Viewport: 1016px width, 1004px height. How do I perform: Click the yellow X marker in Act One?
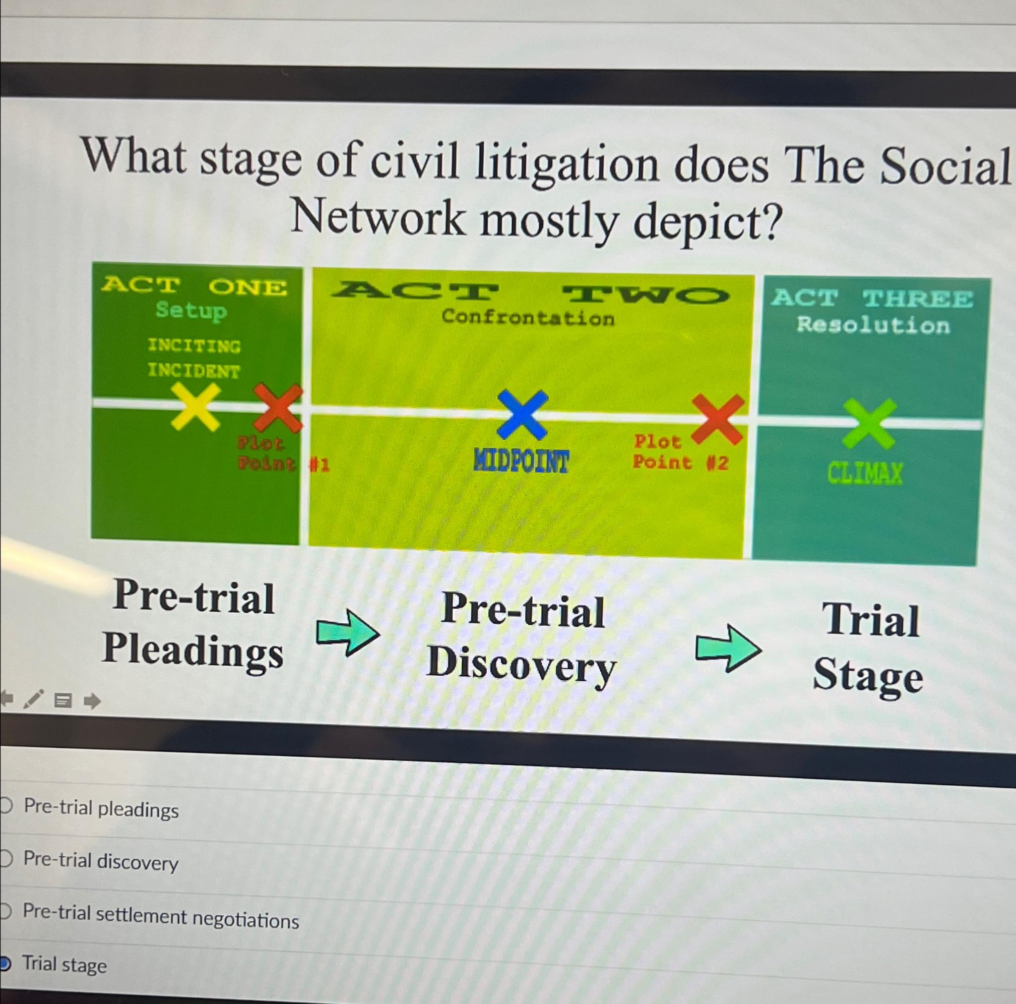195,407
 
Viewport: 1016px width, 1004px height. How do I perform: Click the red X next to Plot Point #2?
718,419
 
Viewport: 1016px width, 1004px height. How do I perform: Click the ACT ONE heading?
194,287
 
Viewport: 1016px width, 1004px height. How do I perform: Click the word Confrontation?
528,317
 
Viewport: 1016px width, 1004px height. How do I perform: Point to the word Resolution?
873,325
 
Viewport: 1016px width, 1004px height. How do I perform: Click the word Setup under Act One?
191,310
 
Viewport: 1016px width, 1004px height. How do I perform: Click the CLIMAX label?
865,473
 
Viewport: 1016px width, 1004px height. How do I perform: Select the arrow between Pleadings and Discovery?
348,632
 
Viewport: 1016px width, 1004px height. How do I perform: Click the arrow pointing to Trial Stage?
728,648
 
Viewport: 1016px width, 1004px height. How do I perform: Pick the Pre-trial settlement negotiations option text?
161,917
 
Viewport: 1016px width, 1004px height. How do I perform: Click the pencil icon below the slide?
34,699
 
